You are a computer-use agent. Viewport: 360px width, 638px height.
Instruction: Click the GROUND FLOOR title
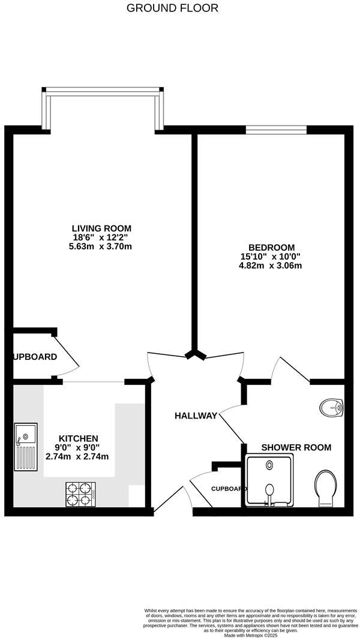[x=173, y=8]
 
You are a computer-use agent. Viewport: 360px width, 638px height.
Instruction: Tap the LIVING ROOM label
[x=101, y=228]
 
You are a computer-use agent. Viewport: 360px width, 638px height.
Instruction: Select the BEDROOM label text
[x=272, y=248]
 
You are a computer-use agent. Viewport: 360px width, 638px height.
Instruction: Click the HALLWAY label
[x=196, y=416]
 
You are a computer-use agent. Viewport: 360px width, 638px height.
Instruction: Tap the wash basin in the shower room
[x=331, y=408]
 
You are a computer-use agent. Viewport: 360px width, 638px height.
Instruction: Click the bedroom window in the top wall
[x=276, y=129]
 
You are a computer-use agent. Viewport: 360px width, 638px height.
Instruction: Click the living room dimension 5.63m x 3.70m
[x=101, y=246]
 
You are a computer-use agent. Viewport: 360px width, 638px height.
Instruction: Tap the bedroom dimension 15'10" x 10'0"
[x=272, y=257]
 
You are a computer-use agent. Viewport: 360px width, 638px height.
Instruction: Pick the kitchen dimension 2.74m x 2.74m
[x=78, y=456]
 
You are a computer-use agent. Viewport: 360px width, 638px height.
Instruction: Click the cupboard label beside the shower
[x=229, y=489]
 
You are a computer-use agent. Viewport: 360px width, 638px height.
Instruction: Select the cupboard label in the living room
[x=35, y=357]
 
